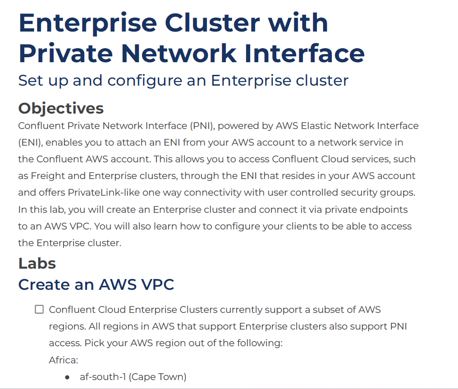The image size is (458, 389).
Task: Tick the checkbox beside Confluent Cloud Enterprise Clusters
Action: click(40, 310)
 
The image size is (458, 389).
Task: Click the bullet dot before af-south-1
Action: click(67, 377)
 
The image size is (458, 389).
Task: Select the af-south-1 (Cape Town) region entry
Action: click(133, 377)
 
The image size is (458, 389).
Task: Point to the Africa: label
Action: click(63, 360)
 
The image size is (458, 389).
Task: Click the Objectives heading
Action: click(61, 109)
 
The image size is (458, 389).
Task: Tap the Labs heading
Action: click(37, 263)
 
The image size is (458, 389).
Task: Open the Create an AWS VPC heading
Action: click(96, 285)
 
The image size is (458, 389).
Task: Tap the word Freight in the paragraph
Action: click(55, 176)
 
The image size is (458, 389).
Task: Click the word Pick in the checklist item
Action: click(93, 343)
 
